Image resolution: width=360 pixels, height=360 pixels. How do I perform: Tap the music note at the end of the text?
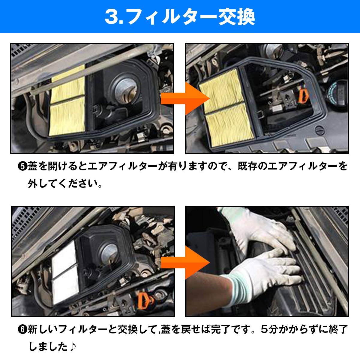73,347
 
